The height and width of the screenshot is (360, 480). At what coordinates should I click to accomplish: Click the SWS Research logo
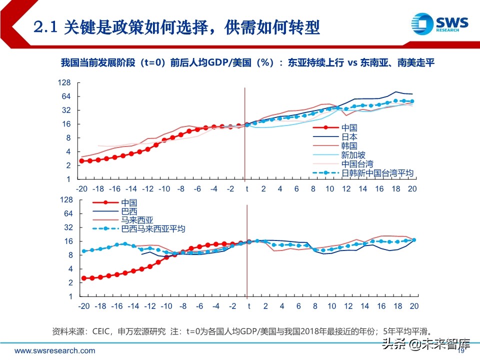[x=439, y=23]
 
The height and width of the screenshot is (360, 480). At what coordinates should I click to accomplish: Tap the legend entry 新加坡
[x=353, y=155]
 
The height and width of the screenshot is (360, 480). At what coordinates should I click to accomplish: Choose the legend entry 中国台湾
[x=357, y=164]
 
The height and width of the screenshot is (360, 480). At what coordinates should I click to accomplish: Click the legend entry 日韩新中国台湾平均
[x=377, y=173]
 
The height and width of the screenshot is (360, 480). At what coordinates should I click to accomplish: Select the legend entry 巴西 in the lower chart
[x=129, y=211]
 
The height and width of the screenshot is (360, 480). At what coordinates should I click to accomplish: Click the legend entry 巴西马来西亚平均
[x=153, y=229]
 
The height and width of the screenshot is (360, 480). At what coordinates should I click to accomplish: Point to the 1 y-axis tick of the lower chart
[x=71, y=296]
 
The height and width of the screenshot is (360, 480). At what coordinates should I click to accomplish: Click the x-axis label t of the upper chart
[x=246, y=188]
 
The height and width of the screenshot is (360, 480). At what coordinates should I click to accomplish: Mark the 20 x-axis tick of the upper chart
[x=412, y=188]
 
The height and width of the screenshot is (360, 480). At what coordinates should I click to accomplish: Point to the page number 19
[x=461, y=351]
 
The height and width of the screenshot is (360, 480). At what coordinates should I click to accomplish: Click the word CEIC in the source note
[x=102, y=331]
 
